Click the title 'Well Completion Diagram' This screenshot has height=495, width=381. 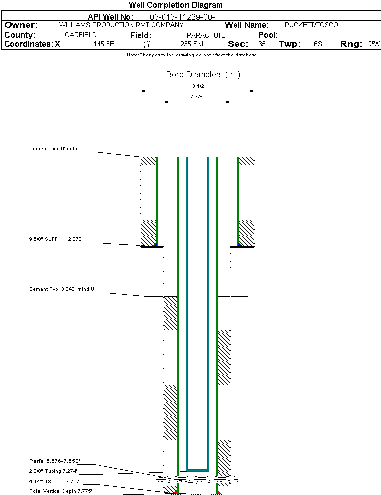coord(175,5)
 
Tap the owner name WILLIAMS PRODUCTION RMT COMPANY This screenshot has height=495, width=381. coord(121,25)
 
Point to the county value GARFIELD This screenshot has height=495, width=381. coord(81,35)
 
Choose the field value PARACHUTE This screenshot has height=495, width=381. coord(206,35)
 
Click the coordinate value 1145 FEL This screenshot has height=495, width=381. coord(104,44)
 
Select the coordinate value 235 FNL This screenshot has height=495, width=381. coord(193,44)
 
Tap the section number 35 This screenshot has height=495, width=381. coord(262,44)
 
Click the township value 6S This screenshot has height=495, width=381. coord(318,44)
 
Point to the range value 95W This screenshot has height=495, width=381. coord(374,44)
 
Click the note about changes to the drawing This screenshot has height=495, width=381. coord(191,55)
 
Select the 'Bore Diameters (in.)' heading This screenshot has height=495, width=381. coord(203,75)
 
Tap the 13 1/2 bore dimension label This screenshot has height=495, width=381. coord(197,86)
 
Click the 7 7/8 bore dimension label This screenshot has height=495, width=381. coord(197,97)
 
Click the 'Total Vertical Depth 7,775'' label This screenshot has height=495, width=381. coord(60,491)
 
